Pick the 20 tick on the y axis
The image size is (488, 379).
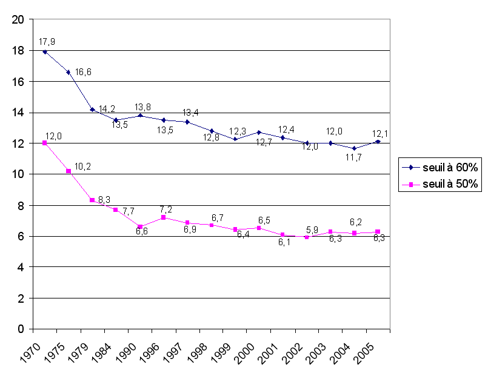[18, 19]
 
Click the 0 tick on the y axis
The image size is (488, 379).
[21, 329]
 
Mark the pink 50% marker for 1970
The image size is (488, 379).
[44, 143]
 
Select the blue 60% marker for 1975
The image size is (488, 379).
[69, 72]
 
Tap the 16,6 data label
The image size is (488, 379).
[83, 72]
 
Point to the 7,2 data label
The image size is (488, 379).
[166, 209]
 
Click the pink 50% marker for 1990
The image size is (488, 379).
[140, 226]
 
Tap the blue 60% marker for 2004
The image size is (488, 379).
[354, 148]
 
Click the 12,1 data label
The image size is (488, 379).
[381, 133]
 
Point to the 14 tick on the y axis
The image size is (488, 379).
[18, 113]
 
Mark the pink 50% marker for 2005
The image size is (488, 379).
[378, 232]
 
